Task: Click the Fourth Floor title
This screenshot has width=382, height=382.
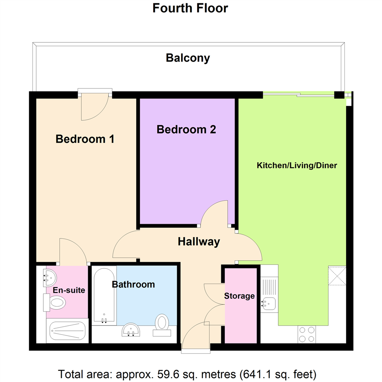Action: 190,8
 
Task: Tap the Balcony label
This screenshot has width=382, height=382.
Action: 188,58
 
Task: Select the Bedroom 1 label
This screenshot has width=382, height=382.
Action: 85,139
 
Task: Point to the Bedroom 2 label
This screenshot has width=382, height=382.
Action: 186,129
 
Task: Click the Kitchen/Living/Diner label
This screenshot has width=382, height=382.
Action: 297,166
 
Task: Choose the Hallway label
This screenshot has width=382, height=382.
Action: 199,242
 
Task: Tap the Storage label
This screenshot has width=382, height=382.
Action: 239,296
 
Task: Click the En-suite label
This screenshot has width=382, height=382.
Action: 69,290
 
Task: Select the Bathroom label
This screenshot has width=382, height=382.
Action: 133,284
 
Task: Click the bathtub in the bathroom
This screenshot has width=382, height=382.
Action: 104,296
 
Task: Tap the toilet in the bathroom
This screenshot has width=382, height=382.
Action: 162,325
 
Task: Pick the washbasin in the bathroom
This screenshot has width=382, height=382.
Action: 131,330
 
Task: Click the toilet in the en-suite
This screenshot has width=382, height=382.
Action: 54,302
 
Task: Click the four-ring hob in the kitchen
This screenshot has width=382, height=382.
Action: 307,335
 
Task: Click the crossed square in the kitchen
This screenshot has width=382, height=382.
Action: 337,276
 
